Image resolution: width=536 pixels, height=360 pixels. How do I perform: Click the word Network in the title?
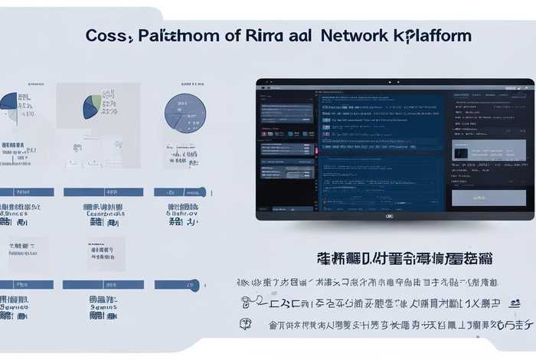[356, 35]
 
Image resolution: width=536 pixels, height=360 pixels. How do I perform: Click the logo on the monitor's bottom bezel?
[389, 216]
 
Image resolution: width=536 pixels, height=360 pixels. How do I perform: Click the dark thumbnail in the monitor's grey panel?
[461, 152]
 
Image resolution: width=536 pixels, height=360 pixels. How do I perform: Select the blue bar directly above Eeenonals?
[103, 192]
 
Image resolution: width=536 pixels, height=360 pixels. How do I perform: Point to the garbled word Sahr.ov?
[182, 214]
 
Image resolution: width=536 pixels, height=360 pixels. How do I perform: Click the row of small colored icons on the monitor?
[287, 135]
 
